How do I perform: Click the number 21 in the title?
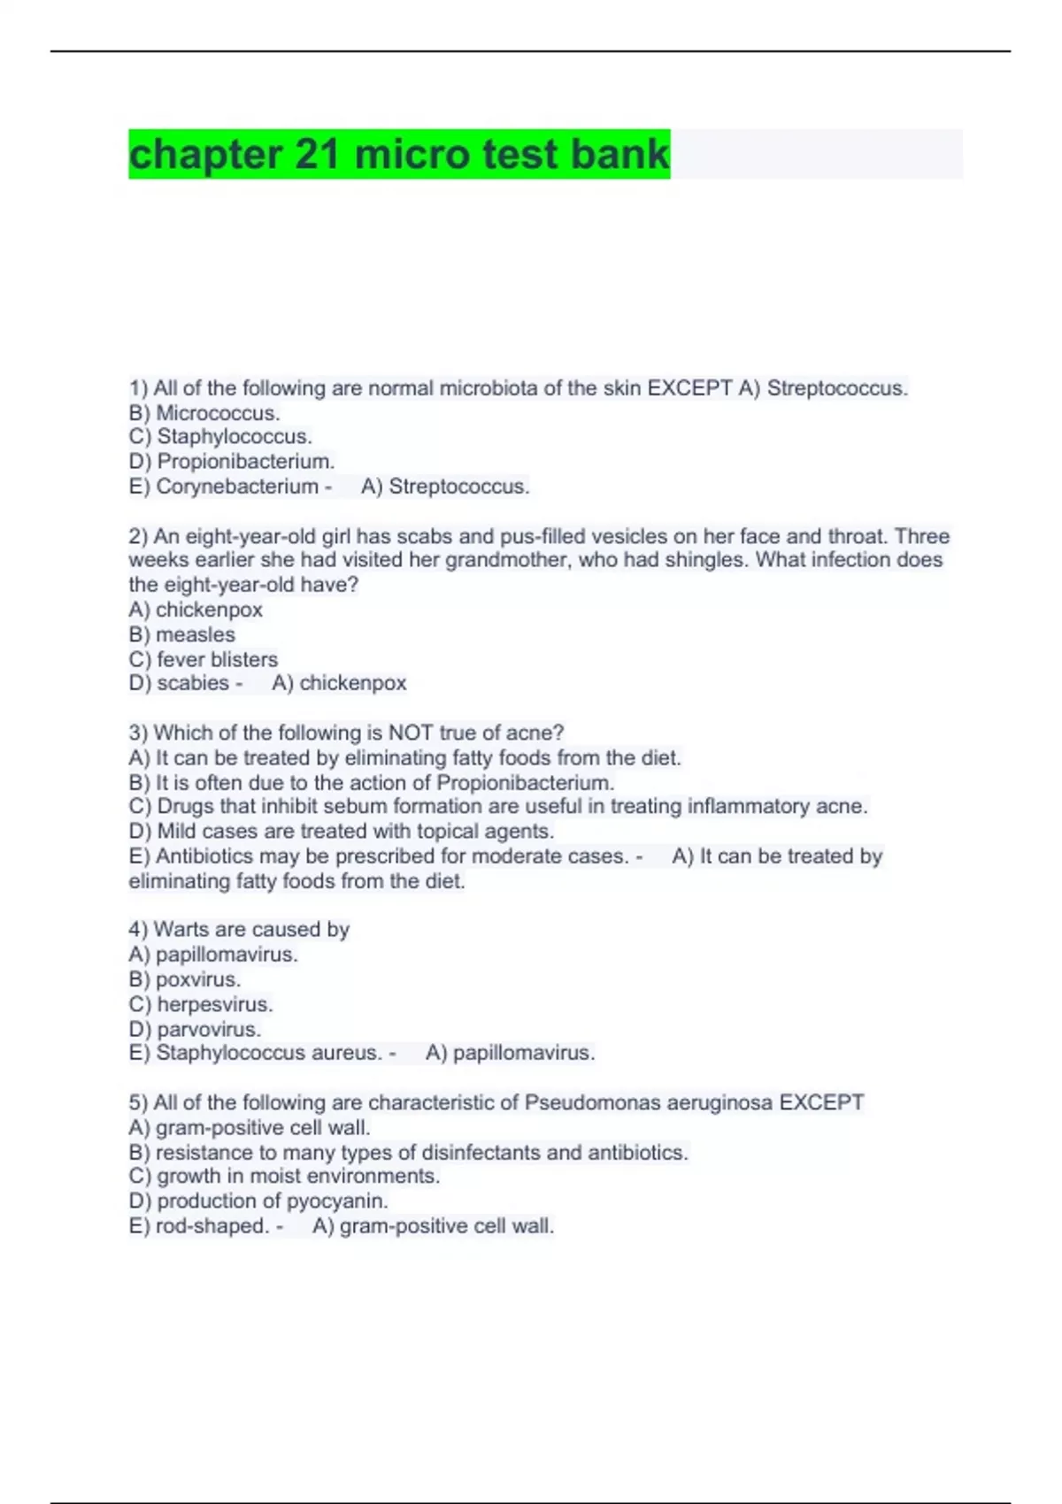317,154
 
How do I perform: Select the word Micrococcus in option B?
218,413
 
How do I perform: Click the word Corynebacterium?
237,487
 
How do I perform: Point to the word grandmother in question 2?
500,560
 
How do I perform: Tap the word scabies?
193,683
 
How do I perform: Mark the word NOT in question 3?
411,733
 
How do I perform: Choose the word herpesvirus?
214,1004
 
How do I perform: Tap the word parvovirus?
209,1029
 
